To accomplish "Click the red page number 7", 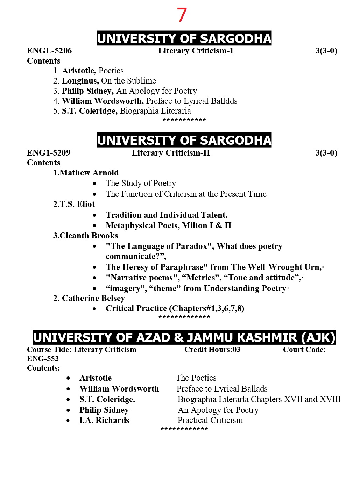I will point(182,15).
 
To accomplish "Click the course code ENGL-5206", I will point(49,51).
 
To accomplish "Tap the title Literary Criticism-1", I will point(196,51).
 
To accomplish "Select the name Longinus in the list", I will point(80,81).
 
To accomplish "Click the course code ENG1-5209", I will point(49,153).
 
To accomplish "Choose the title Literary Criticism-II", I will point(171,153).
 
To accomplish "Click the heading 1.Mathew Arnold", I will point(86,173).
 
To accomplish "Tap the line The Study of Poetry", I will point(141,184).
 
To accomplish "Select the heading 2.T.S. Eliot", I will point(74,204).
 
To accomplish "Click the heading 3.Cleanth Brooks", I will point(85,236).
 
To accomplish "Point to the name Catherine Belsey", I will point(93,299).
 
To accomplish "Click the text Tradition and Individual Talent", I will point(167,215).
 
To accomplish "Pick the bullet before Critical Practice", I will point(94,309).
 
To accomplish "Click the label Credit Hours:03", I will point(212,350).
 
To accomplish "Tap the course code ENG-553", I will point(43,359).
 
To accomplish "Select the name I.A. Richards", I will point(104,421).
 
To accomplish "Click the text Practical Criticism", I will point(210,421).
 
